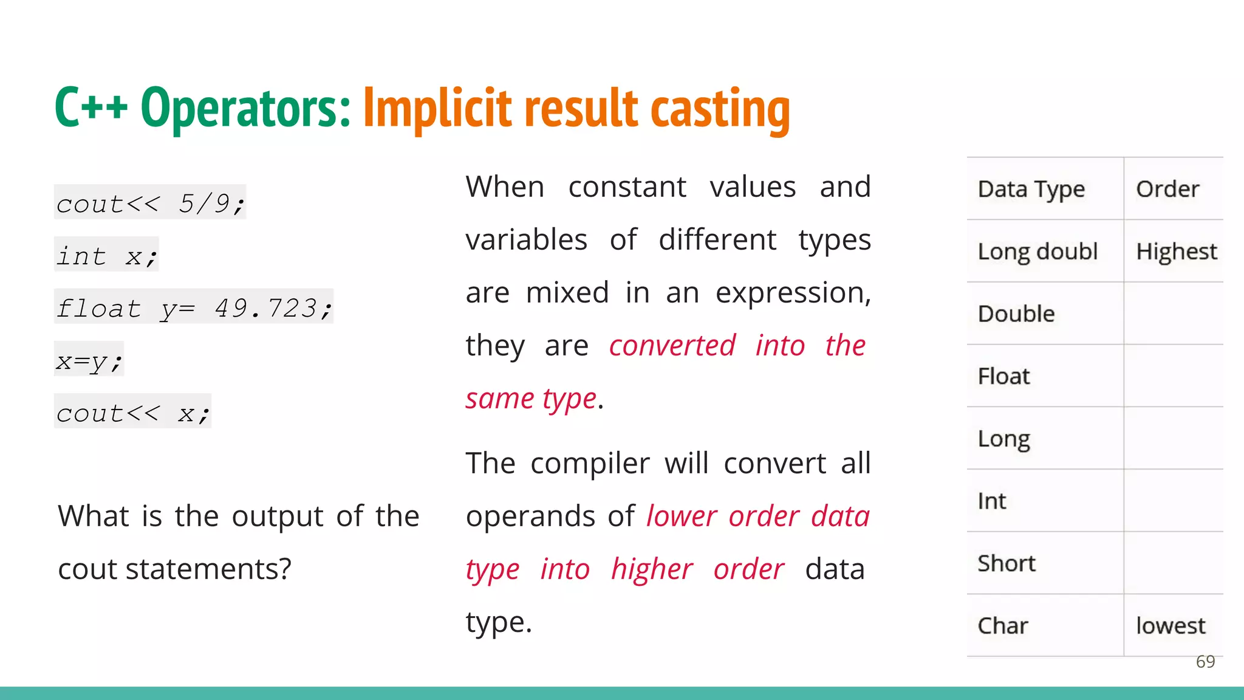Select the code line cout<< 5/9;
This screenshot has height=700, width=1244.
[x=150, y=203]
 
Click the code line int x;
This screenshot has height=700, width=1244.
[x=107, y=255]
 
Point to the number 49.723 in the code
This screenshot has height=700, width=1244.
[x=265, y=307]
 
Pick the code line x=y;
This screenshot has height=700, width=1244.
[x=89, y=360]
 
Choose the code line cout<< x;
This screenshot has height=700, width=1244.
[x=133, y=413]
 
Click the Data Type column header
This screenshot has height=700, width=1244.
[x=1031, y=189]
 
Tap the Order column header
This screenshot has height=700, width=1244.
[x=1167, y=189]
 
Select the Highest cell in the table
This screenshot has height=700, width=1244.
[x=1176, y=252]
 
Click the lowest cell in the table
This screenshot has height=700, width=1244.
[x=1171, y=626]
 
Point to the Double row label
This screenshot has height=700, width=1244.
[x=1016, y=314]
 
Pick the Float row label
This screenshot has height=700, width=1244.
[x=1003, y=377]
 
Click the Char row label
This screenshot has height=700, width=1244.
[x=1003, y=626]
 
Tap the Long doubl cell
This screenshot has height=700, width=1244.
[x=1037, y=252]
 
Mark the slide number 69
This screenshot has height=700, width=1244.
[x=1205, y=662]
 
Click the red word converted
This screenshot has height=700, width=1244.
[x=672, y=346]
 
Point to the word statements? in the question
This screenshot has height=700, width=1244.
[x=208, y=569]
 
